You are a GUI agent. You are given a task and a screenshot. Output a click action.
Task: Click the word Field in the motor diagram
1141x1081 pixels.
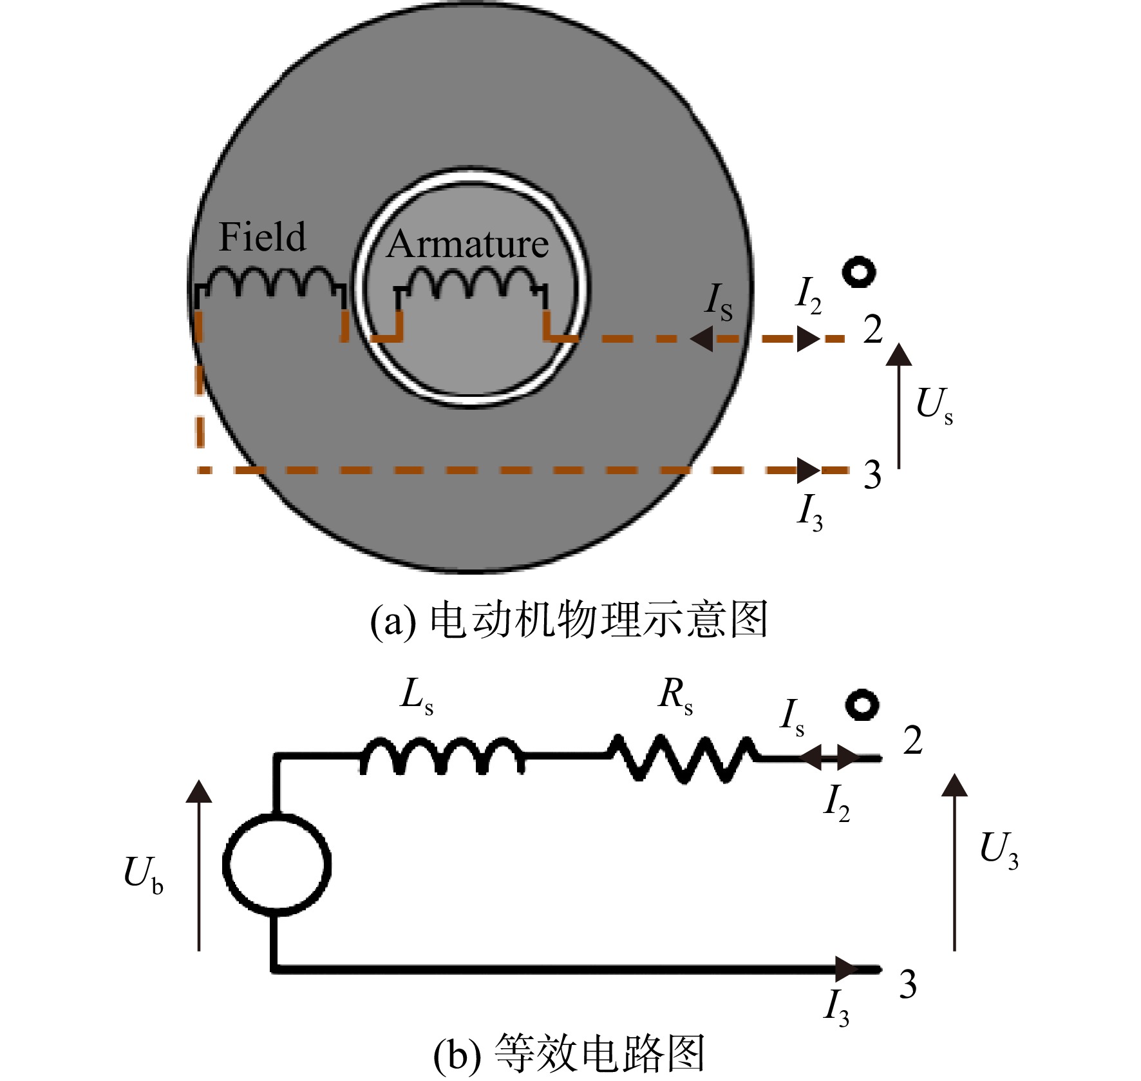tap(263, 236)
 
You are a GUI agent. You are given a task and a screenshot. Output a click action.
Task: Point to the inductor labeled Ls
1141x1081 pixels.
tap(442, 755)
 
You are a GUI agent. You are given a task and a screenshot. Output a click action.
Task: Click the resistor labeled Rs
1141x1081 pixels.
tap(683, 758)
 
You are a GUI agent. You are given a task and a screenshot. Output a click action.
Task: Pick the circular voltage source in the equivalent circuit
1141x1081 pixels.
tap(277, 864)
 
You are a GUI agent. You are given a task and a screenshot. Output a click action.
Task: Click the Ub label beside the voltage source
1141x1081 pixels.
tap(144, 875)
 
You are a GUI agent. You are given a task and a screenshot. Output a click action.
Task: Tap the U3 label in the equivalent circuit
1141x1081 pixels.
tap(999, 849)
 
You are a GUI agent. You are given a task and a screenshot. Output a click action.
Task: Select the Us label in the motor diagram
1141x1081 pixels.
tap(934, 406)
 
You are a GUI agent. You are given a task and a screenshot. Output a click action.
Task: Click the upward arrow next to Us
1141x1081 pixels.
tap(899, 406)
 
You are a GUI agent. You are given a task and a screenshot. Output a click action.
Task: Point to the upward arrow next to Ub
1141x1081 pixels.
tap(199, 865)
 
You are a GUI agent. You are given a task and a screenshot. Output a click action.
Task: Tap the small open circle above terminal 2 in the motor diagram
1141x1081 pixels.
tap(860, 271)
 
